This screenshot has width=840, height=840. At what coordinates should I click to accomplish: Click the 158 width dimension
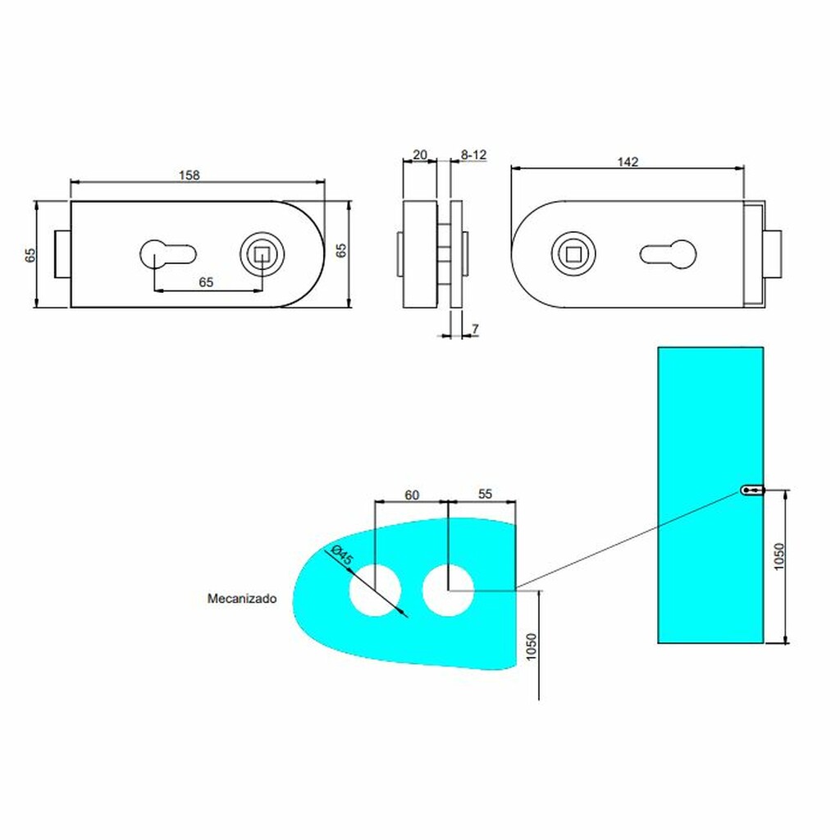click(190, 174)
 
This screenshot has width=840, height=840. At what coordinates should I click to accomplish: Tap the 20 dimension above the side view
click(419, 154)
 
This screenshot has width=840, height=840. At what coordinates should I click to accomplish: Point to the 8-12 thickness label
click(473, 154)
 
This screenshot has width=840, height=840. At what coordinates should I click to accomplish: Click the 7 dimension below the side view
click(475, 329)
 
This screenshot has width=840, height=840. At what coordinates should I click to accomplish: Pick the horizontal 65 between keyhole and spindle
click(206, 281)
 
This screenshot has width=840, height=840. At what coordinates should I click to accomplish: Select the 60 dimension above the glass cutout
click(411, 494)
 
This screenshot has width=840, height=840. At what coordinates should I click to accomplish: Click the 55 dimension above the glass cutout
click(485, 494)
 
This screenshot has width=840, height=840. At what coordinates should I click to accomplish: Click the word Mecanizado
click(241, 599)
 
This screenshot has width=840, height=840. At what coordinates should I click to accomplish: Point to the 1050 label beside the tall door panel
click(780, 557)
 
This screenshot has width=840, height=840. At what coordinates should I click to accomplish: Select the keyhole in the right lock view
click(669, 254)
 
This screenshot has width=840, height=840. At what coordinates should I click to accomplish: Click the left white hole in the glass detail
click(375, 590)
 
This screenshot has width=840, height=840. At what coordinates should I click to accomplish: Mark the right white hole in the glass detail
click(448, 590)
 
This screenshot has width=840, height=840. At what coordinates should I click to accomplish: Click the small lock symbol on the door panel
click(752, 491)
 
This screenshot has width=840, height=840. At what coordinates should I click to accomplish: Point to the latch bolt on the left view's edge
click(62, 254)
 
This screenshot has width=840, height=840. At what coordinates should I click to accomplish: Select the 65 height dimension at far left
click(30, 254)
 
